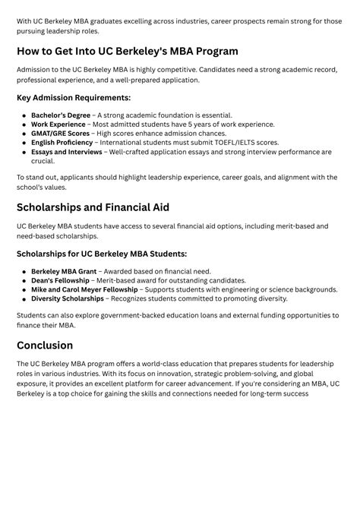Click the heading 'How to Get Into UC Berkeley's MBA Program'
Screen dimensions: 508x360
127,52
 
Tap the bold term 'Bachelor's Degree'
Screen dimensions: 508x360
61,115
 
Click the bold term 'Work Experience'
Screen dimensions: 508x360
58,125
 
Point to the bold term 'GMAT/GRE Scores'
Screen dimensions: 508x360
60,134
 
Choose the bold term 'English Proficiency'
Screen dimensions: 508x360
62,143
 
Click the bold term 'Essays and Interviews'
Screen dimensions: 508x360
66,152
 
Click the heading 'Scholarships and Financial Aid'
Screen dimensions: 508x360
93,207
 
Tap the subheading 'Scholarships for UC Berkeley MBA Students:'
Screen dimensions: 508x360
102,254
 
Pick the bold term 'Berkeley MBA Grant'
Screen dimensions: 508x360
64,271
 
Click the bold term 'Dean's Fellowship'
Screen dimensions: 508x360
60,280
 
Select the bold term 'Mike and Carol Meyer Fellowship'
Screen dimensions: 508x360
84,289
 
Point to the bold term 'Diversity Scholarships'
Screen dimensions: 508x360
68,298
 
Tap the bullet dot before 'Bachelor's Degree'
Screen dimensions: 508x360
24,115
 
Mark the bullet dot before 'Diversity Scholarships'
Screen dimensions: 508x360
24,298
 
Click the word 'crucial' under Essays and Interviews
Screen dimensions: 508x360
43,161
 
